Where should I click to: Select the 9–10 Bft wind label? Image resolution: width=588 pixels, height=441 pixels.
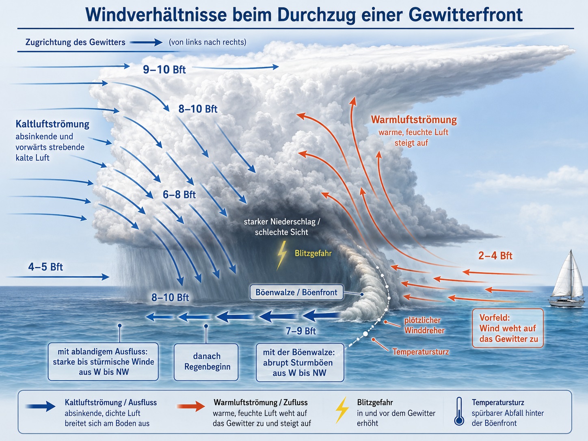[164, 69]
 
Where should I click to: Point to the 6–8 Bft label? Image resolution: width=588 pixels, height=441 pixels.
[179, 195]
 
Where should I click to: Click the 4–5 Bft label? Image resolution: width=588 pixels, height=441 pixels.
[45, 267]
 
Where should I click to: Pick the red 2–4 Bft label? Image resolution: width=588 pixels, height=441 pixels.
[495, 256]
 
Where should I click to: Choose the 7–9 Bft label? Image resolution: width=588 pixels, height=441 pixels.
[301, 331]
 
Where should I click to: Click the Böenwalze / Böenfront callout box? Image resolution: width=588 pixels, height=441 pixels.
[296, 292]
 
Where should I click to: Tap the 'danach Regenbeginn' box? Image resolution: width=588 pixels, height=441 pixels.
[206, 362]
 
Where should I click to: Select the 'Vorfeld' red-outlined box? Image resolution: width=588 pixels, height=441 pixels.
[508, 328]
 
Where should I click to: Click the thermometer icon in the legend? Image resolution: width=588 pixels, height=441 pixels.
[459, 411]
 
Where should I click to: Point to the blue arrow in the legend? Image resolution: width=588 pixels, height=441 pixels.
[41, 406]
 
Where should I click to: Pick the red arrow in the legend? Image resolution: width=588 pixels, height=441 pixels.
[191, 406]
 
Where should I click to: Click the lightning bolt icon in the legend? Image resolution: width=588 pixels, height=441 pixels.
[342, 410]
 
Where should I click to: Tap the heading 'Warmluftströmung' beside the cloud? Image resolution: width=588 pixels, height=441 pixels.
[414, 119]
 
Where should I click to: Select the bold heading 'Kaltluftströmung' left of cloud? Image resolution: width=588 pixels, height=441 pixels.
[52, 124]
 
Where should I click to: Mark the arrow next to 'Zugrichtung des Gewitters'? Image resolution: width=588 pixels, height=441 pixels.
[146, 42]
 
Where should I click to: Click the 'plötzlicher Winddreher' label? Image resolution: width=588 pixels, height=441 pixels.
[424, 325]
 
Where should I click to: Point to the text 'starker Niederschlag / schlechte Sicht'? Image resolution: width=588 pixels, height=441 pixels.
[282, 227]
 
